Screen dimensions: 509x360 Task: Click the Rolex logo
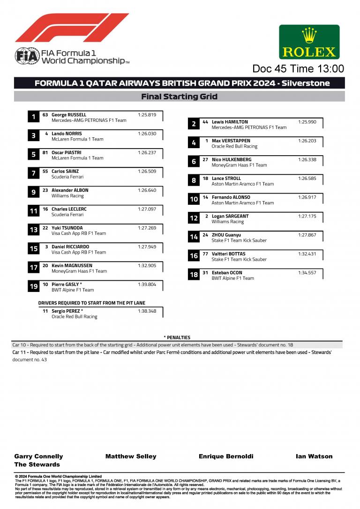pos(309,42)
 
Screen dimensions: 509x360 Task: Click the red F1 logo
pos(72,28)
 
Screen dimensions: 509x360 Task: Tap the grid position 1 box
pos(33,117)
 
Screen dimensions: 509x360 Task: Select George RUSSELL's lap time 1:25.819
pos(147,115)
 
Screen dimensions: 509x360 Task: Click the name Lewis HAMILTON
pos(230,122)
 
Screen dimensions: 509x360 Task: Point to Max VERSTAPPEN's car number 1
pos(206,141)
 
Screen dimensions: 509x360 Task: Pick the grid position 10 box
pos(194,200)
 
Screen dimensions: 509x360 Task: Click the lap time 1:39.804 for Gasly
pos(147,284)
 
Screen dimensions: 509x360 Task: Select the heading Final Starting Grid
pos(180,97)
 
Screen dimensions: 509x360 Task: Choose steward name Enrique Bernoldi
pos(226,456)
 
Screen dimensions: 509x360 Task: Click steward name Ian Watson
pos(314,456)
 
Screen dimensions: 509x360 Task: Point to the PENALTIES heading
pos(177,337)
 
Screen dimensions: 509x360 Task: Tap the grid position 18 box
pos(194,275)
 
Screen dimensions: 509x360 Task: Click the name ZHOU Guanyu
pos(226,235)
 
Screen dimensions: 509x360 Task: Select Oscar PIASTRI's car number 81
pos(45,152)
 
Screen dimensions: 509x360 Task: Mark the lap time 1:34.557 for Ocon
pos(307,273)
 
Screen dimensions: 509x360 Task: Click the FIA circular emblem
pos(23,56)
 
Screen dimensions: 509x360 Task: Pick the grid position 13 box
pos(33,230)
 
